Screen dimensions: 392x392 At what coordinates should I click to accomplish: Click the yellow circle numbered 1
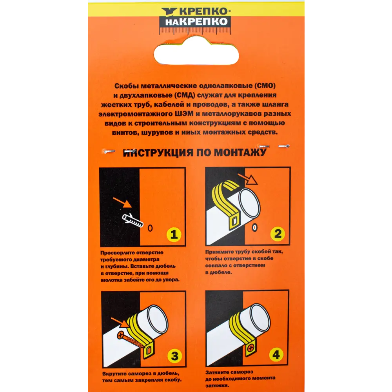[174, 234]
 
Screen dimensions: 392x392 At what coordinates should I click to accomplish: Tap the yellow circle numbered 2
[278, 234]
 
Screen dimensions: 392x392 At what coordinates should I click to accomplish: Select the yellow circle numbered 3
[174, 356]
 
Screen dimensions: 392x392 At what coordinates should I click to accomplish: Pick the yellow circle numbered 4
[276, 354]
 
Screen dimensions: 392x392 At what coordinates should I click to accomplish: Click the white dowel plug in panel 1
[132, 220]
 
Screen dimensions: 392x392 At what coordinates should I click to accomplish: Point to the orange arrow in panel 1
[122, 202]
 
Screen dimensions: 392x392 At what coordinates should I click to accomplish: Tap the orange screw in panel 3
[131, 340]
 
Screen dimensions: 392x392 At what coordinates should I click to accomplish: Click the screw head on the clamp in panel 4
[251, 347]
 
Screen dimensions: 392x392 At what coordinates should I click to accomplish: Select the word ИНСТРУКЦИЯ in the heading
[158, 153]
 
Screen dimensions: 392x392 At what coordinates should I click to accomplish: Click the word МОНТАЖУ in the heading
[240, 152]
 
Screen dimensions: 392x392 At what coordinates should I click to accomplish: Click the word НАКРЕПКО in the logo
[196, 22]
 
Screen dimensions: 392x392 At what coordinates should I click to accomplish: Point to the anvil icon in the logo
[169, 11]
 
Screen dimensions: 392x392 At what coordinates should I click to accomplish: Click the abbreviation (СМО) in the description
[265, 86]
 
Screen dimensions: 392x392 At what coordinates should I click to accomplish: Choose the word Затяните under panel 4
[219, 372]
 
